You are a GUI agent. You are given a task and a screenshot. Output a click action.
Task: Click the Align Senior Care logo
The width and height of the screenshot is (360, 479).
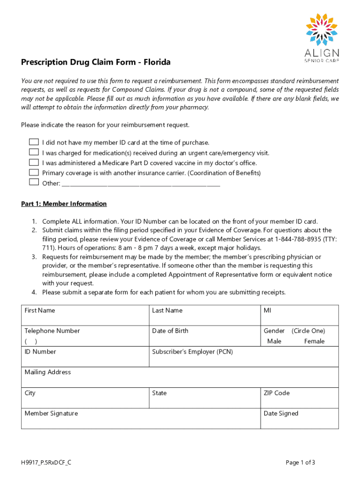(322, 38)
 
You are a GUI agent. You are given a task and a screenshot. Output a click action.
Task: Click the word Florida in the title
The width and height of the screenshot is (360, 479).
(157, 62)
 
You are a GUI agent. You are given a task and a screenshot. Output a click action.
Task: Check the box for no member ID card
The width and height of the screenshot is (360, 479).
(34, 142)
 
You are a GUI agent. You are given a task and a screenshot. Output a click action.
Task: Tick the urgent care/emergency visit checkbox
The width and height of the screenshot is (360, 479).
(34, 152)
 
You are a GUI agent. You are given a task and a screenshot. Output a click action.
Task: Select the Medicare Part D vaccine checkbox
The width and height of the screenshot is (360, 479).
(34, 162)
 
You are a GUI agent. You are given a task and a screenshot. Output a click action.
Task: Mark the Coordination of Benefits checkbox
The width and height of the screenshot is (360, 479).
(34, 173)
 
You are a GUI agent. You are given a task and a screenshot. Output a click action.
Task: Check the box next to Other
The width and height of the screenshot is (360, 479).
(34, 182)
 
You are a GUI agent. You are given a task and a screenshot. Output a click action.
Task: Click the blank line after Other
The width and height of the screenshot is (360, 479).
(140, 184)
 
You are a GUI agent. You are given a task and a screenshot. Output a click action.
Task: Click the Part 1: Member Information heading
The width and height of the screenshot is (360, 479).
(64, 204)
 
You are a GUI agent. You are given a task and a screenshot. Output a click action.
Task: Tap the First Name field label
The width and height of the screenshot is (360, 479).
(40, 311)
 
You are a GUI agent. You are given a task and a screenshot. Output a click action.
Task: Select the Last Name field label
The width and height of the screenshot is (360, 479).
(167, 311)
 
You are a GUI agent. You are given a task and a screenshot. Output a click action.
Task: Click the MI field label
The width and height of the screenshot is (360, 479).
(267, 311)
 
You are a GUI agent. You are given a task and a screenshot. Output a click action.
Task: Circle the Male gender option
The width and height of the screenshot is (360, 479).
(274, 341)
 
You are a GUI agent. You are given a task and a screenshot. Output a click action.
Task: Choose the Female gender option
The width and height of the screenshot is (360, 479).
(314, 341)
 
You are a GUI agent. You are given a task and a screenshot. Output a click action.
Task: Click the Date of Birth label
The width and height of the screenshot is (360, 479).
(170, 331)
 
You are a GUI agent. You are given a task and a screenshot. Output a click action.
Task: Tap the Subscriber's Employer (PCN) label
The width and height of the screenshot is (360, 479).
(192, 352)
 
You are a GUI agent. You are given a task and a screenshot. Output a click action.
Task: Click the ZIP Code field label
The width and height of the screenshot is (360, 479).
(277, 393)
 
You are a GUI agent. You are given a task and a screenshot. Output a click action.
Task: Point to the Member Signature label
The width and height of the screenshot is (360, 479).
(51, 414)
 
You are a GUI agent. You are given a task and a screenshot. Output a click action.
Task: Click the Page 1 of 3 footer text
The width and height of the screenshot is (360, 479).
(300, 463)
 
